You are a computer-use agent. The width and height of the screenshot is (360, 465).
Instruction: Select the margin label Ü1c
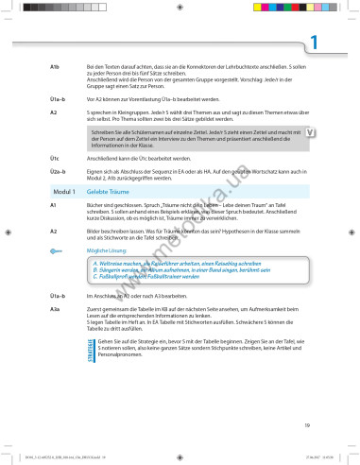coord(55,158)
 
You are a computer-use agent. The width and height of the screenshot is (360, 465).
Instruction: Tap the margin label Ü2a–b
coord(57,171)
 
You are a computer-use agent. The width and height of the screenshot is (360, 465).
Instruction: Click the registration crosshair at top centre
coord(180,7)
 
